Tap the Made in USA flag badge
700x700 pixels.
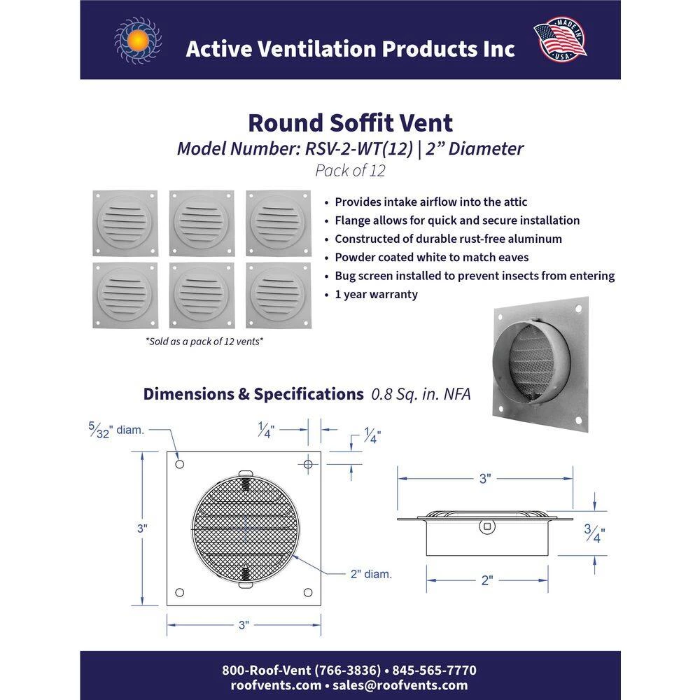pyautogui.click(x=560, y=40)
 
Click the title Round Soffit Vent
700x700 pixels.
pyautogui.click(x=350, y=122)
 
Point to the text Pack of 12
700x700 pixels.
pyautogui.click(x=350, y=170)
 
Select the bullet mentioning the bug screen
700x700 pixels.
pyautogui.click(x=475, y=276)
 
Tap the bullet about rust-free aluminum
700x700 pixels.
pyautogui.click(x=448, y=239)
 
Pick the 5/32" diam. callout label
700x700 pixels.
pyautogui.click(x=116, y=430)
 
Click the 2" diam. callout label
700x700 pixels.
pyautogui.click(x=371, y=574)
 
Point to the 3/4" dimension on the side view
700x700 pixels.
pyautogui.click(x=594, y=535)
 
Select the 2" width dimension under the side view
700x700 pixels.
pyautogui.click(x=487, y=580)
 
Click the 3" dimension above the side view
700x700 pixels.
pyautogui.click(x=485, y=479)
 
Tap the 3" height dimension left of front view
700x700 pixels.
pyautogui.click(x=142, y=528)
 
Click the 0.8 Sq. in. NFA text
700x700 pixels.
pyautogui.click(x=421, y=394)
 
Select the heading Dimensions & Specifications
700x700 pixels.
pyautogui.click(x=253, y=393)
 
